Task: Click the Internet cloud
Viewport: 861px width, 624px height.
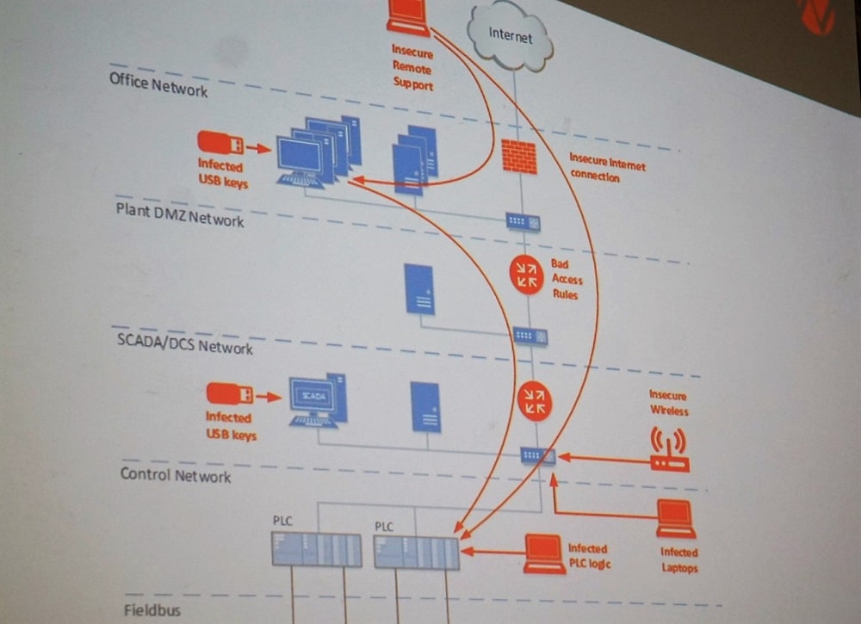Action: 511,37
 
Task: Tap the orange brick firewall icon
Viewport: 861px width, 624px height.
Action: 519,157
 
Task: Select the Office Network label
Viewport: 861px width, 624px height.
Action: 158,84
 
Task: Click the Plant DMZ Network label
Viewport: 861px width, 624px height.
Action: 180,215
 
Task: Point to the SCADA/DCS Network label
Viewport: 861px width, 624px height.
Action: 184,343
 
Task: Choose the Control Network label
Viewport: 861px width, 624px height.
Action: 176,474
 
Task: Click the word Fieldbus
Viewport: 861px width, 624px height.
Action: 152,610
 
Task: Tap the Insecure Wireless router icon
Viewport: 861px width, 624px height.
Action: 669,451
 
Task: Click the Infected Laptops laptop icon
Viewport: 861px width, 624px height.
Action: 676,519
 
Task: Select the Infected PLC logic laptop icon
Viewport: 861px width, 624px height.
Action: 545,553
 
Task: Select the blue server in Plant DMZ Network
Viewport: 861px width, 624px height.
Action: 419,289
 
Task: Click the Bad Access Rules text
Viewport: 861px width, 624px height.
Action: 566,280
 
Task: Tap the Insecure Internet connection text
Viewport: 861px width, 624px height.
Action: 606,170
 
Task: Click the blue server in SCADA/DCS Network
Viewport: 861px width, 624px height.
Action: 425,406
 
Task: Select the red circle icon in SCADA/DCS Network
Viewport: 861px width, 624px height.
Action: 535,400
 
